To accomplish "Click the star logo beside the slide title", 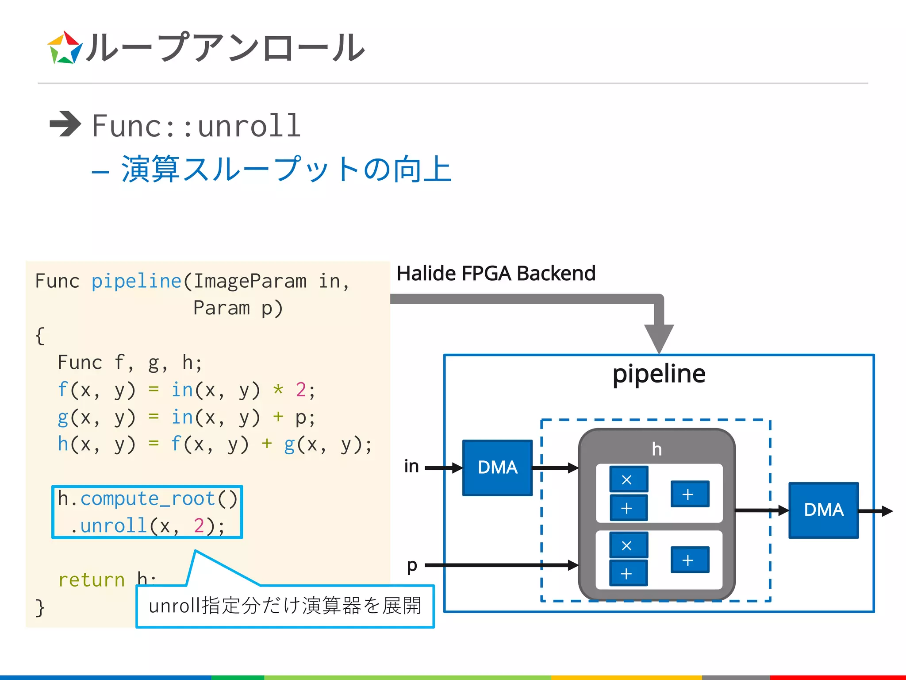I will pyautogui.click(x=65, y=48).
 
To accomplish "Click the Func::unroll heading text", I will pyautogui.click(x=196, y=126).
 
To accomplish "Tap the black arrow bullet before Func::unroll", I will pyautogui.click(x=65, y=124).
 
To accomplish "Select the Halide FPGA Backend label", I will pyautogui.click(x=496, y=273).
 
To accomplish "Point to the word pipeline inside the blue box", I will pyautogui.click(x=659, y=374).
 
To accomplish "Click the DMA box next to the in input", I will pyautogui.click(x=497, y=467).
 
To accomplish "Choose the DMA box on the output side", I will pyautogui.click(x=823, y=510).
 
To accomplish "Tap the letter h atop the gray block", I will pyautogui.click(x=657, y=449).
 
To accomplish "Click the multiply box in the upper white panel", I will pyautogui.click(x=628, y=479).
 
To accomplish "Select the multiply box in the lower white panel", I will pyautogui.click(x=628, y=545).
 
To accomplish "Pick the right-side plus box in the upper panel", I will pyautogui.click(x=689, y=494).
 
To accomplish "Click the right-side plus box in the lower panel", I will pyautogui.click(x=689, y=560).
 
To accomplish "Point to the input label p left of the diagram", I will pyautogui.click(x=412, y=565).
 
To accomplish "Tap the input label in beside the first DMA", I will pyautogui.click(x=411, y=466).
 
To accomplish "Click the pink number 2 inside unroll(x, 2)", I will pyautogui.click(x=199, y=526).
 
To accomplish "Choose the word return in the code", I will pyautogui.click(x=92, y=580).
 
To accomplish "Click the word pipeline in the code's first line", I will pyautogui.click(x=136, y=281).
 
